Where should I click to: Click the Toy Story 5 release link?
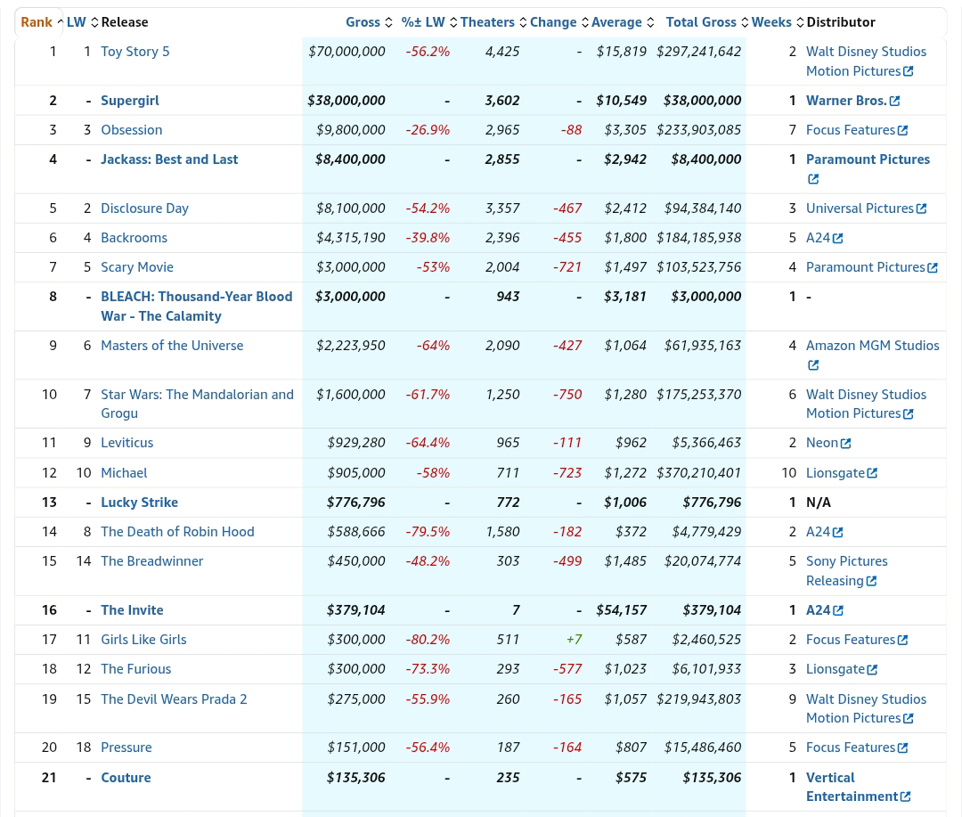click(135, 52)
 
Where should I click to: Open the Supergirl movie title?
click(130, 101)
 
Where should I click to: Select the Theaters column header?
click(488, 22)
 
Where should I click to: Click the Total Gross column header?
click(701, 22)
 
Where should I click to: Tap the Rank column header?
click(37, 22)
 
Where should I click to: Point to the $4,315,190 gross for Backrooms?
click(351, 238)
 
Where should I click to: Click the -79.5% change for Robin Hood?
click(428, 532)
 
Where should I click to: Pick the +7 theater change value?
click(575, 640)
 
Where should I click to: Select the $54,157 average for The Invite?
click(622, 610)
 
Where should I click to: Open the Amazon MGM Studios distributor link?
click(872, 355)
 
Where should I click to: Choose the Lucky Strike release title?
click(140, 502)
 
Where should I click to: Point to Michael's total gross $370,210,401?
click(699, 473)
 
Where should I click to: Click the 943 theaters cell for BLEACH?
click(508, 297)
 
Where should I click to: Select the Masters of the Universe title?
click(173, 346)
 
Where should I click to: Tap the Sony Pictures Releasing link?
click(847, 571)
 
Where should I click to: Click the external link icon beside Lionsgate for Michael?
click(872, 473)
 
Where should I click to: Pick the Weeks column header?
click(771, 22)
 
